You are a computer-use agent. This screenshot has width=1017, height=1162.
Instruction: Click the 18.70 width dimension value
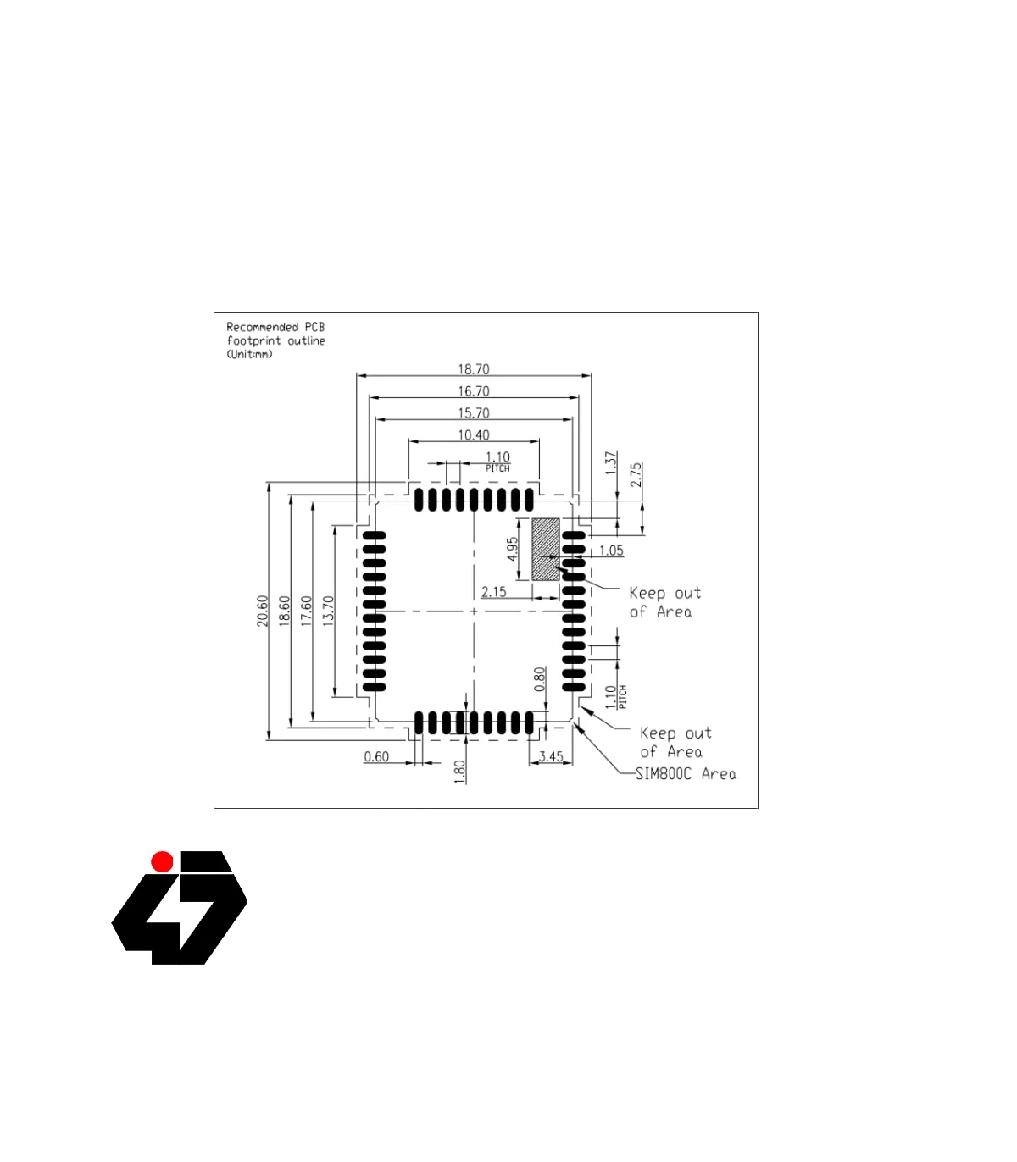click(x=473, y=369)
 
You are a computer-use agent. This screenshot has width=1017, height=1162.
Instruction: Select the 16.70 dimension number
click(x=473, y=391)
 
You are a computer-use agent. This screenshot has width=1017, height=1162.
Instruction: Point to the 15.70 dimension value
click(x=473, y=413)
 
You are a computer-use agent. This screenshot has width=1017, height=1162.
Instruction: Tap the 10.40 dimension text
click(x=473, y=435)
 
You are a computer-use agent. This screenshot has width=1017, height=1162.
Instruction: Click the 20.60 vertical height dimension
click(x=262, y=611)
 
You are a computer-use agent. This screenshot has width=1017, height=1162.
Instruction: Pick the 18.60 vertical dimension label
click(x=284, y=611)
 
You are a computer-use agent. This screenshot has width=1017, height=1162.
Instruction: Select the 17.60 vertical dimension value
click(x=306, y=611)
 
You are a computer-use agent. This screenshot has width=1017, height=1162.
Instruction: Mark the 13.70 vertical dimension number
click(x=328, y=611)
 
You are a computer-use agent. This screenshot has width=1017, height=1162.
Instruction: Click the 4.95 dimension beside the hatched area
click(x=512, y=549)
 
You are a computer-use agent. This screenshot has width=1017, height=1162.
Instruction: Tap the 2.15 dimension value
click(x=493, y=592)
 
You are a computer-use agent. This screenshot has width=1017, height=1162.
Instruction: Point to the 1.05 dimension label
click(x=611, y=551)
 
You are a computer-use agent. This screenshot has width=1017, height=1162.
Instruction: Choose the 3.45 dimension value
click(x=551, y=756)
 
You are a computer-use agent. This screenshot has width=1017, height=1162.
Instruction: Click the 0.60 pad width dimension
click(x=376, y=756)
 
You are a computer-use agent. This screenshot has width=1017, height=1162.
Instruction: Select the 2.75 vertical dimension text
click(x=636, y=475)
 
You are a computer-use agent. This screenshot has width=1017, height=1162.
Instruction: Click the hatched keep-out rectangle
click(x=546, y=549)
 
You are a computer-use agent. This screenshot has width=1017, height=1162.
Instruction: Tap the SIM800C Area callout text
click(x=685, y=773)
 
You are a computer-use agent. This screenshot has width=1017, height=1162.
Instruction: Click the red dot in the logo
click(x=162, y=861)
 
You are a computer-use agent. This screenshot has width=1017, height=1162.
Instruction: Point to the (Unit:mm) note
click(x=249, y=354)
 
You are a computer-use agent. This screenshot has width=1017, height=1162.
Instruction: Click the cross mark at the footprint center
click(x=474, y=611)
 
